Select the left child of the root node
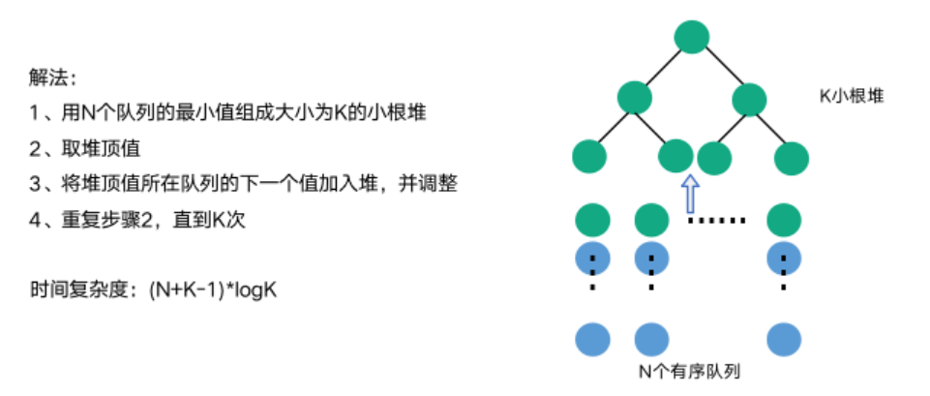tap(635, 97)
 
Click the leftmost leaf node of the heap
tap(589, 155)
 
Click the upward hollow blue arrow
tap(690, 191)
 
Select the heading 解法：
tap(51, 76)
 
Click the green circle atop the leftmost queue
tap(592, 219)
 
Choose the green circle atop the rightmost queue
tap(784, 219)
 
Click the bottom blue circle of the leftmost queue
tap(592, 340)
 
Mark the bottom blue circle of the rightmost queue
tap(784, 340)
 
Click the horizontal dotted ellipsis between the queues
tap(717, 221)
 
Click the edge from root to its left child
tap(663, 66)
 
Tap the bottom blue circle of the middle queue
tap(651, 340)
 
